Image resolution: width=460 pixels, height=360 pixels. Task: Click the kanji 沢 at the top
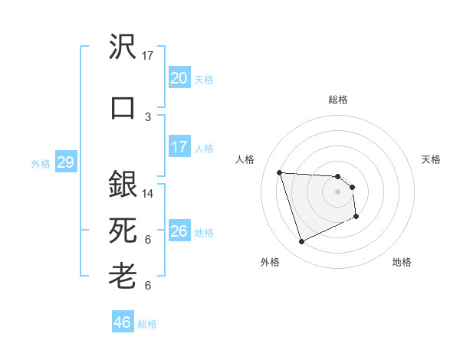click(x=123, y=47)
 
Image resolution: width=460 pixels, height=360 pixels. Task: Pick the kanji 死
click(x=123, y=229)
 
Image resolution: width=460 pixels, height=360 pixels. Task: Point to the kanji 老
click(x=123, y=274)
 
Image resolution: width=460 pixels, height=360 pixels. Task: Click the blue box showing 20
click(x=179, y=78)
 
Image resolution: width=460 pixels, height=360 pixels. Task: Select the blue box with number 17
click(x=179, y=147)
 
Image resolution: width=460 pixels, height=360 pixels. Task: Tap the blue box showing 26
click(x=179, y=231)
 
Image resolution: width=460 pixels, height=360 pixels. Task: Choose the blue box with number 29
click(x=65, y=162)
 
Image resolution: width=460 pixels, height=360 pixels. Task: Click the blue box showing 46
click(x=123, y=322)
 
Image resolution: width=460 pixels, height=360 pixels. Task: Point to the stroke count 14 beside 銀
click(x=148, y=194)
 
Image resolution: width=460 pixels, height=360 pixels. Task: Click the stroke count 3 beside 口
click(x=148, y=116)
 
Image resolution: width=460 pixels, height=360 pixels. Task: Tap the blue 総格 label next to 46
click(x=147, y=324)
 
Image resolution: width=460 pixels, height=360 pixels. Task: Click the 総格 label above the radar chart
click(x=337, y=100)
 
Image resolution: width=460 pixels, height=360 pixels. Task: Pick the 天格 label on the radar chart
click(x=432, y=159)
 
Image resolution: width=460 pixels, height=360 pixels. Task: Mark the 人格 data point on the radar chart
click(x=279, y=172)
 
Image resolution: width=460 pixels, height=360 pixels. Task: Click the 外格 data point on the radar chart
click(x=301, y=242)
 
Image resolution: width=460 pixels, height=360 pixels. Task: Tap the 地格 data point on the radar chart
click(x=356, y=217)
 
